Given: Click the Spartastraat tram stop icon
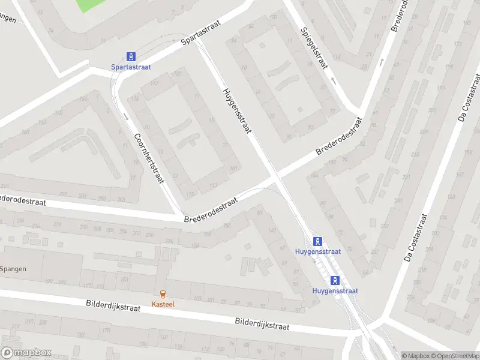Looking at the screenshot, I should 130,56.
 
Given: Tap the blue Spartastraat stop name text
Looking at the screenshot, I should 130,67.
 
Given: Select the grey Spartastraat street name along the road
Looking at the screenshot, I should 201,32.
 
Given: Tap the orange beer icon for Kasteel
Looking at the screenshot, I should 163,293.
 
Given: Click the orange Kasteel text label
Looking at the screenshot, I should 163,304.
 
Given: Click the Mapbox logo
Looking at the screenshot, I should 26,352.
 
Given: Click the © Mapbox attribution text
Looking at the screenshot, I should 416,356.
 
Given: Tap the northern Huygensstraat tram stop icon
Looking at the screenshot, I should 318,241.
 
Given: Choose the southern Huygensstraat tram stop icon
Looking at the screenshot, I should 335,280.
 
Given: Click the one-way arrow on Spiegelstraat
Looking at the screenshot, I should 332,80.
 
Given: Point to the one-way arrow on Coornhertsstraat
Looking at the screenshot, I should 127,116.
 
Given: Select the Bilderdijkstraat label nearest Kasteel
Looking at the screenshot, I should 113,307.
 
